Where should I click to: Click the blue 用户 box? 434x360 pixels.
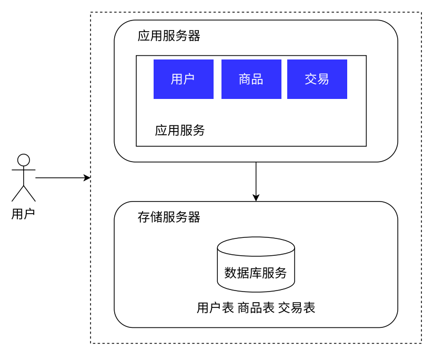coord(183,79)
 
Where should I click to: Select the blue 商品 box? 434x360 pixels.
coord(251,79)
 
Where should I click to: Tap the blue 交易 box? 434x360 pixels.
coord(317,79)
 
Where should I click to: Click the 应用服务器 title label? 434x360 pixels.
coord(169,36)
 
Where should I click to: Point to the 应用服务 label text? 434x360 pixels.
coord(180,130)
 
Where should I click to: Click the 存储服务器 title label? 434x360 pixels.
coord(169,217)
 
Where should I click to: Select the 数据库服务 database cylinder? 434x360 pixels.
coord(256,265)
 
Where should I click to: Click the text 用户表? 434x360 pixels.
coord(215,308)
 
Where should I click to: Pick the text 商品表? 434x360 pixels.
coord(256,308)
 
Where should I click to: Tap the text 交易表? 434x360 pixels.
coord(297,308)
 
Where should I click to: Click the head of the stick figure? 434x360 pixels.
coord(24,160)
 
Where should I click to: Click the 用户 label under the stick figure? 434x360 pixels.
coord(23,214)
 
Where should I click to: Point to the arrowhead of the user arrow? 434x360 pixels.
coord(88,178)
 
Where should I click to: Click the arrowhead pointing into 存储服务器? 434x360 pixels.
coord(256,198)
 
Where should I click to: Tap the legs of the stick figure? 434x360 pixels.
coord(24,193)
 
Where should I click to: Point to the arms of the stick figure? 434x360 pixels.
coord(24,171)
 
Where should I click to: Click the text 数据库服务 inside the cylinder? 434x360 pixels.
coord(256,273)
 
